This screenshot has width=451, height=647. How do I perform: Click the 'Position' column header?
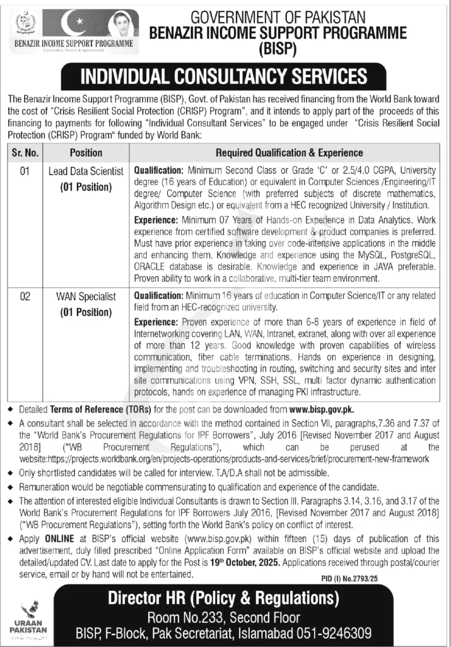86,152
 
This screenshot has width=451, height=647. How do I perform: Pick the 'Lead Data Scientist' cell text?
86,172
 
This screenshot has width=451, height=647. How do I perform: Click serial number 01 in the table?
25,172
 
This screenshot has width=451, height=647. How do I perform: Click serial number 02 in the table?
25,296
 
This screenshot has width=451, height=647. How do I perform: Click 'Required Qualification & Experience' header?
289,152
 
